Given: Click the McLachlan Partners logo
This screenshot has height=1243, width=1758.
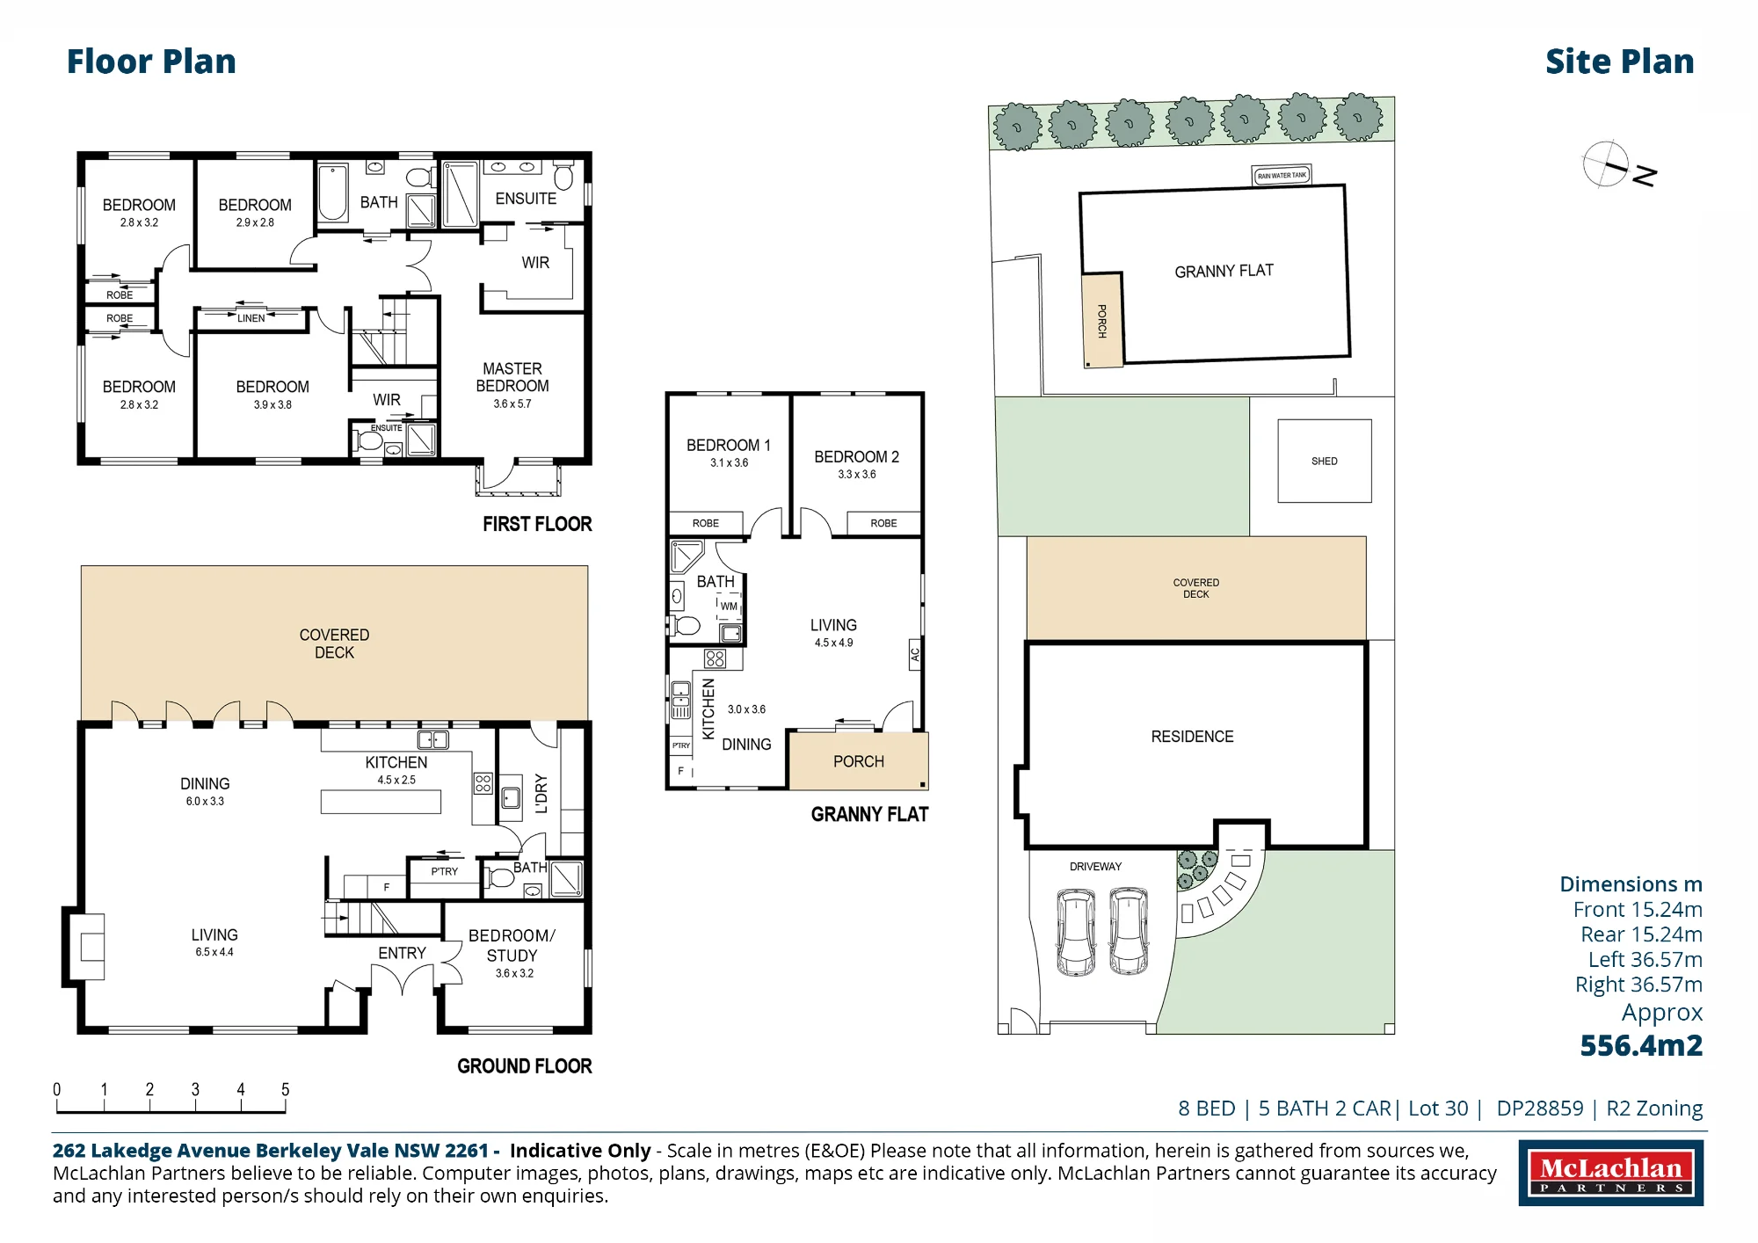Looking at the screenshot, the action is pyautogui.click(x=1610, y=1173).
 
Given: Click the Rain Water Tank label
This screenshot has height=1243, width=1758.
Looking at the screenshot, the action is pyautogui.click(x=1282, y=176).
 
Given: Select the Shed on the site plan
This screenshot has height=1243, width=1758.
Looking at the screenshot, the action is pyautogui.click(x=1324, y=461).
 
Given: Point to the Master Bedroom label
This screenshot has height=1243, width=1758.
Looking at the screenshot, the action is pyautogui.click(x=512, y=377).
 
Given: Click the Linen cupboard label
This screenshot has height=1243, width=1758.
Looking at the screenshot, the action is pyautogui.click(x=251, y=318).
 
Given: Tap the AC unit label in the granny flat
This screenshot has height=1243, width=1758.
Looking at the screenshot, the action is pyautogui.click(x=914, y=655).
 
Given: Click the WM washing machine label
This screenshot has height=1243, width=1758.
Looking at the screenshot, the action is pyautogui.click(x=730, y=606).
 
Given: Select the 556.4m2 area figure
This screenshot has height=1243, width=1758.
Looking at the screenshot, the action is pyautogui.click(x=1641, y=1045).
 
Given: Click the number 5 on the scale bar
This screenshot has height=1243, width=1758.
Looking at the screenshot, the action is pyautogui.click(x=285, y=1089).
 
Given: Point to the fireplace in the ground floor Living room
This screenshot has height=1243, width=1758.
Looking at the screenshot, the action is pyautogui.click(x=87, y=947).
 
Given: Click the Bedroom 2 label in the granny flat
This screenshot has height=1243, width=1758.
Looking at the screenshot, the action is pyautogui.click(x=856, y=457).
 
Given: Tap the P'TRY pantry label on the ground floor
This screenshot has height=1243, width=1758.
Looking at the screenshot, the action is pyautogui.click(x=445, y=872).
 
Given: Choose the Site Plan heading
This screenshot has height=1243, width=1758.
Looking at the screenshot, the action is pyautogui.click(x=1619, y=62).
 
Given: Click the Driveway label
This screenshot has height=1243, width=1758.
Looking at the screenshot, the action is pyautogui.click(x=1095, y=867).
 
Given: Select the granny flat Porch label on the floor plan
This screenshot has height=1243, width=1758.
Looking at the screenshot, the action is pyautogui.click(x=859, y=761).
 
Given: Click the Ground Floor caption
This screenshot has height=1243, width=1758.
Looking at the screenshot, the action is pyautogui.click(x=524, y=1066).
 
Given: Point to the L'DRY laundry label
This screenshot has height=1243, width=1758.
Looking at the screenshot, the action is pyautogui.click(x=541, y=794).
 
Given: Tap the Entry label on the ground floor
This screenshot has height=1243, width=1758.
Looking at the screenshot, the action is pyautogui.click(x=402, y=953).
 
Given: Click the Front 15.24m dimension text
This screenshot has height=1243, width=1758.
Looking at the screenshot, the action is pyautogui.click(x=1638, y=910).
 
